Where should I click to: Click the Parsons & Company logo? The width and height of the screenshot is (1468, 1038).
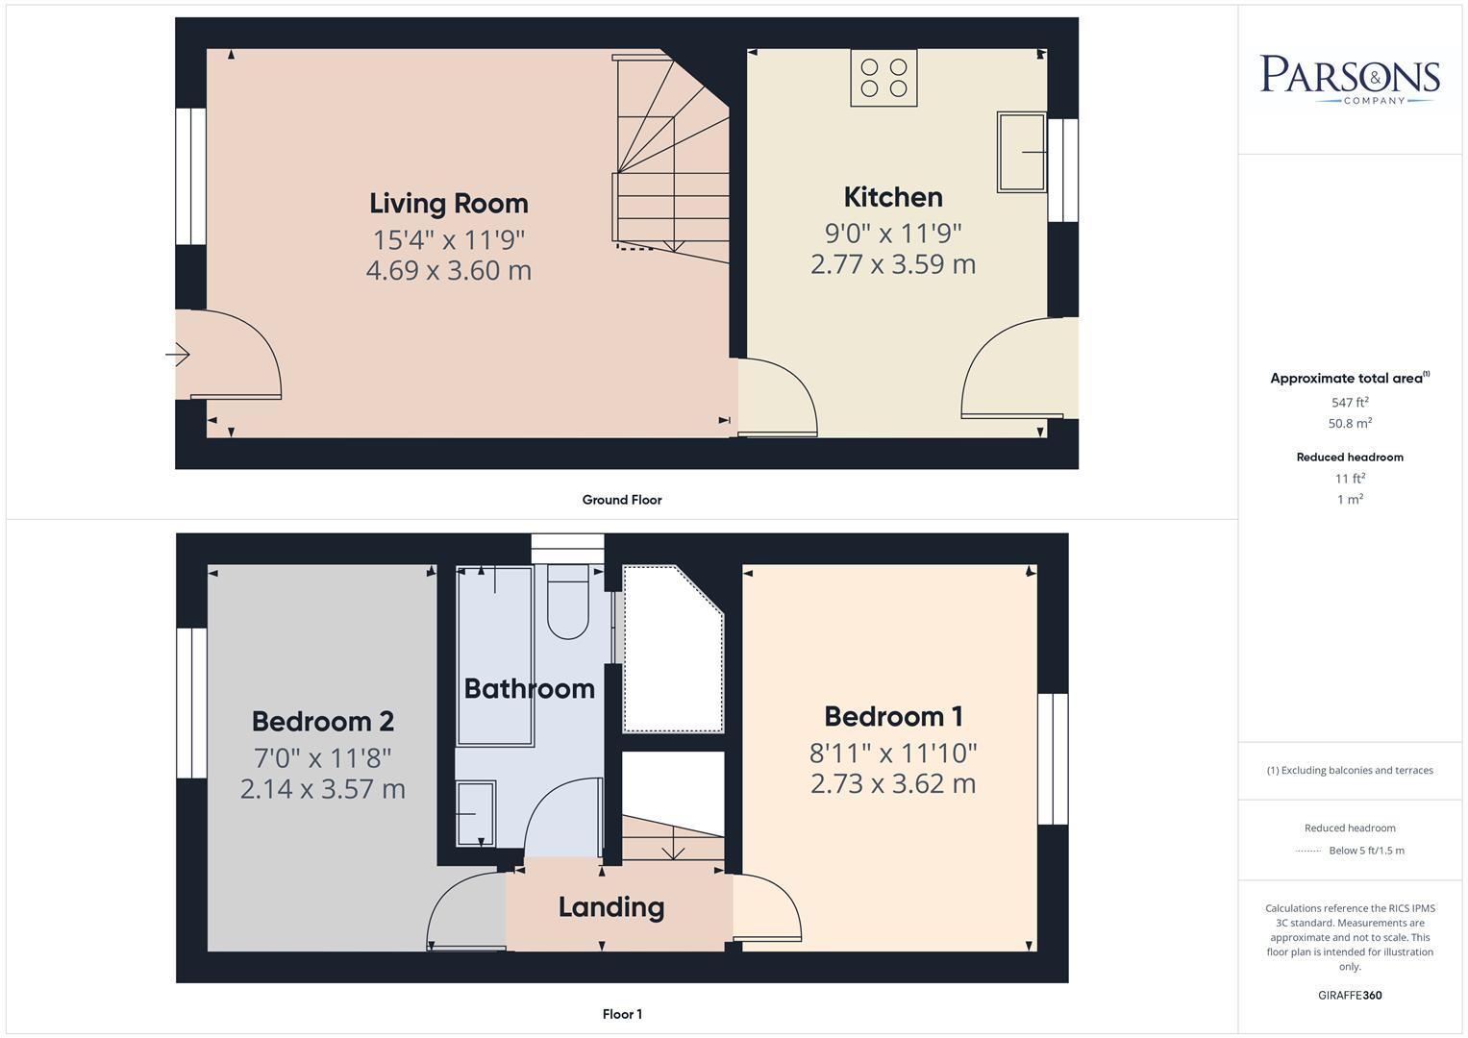click(1350, 78)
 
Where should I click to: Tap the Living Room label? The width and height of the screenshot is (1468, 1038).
click(449, 204)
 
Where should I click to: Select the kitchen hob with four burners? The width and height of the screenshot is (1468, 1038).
click(883, 78)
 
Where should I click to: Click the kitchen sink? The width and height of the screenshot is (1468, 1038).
click(1021, 152)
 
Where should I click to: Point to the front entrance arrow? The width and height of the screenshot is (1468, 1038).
click(178, 355)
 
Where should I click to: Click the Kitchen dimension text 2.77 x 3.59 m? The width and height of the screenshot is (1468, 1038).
click(893, 264)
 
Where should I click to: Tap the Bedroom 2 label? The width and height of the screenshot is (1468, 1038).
click(323, 721)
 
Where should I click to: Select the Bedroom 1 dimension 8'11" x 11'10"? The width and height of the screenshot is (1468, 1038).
click(893, 753)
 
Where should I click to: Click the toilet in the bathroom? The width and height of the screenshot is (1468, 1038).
click(567, 603)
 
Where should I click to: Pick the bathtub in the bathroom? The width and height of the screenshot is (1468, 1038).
click(495, 656)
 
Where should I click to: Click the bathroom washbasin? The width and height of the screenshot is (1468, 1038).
click(476, 813)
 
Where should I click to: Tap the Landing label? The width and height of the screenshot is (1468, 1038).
click(611, 907)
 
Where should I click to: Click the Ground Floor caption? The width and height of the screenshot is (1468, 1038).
click(622, 500)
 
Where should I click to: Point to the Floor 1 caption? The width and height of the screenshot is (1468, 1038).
click(622, 1014)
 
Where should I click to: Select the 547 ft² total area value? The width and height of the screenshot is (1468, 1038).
click(1350, 403)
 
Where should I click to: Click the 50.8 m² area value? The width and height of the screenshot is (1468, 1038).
click(1350, 423)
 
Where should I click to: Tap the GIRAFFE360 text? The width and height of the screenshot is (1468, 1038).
click(1350, 996)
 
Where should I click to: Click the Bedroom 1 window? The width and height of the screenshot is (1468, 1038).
click(1053, 758)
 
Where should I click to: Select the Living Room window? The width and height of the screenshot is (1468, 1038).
click(191, 176)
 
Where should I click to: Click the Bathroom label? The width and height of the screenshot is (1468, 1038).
click(530, 688)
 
